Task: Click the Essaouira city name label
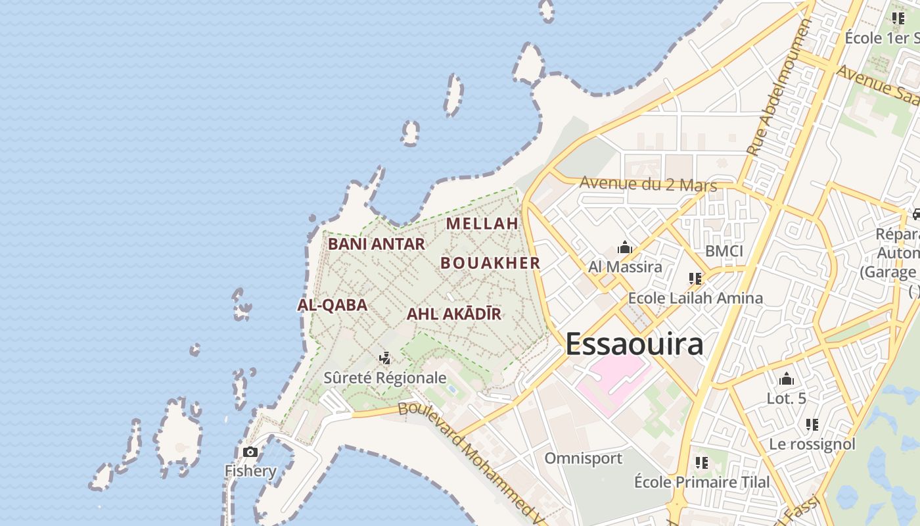(634, 344)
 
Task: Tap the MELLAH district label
(482, 224)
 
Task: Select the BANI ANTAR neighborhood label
(377, 244)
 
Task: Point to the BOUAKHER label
(490, 263)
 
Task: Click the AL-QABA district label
(332, 305)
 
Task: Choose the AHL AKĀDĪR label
(454, 314)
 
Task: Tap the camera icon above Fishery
(250, 452)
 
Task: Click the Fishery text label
(250, 471)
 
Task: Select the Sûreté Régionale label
(385, 378)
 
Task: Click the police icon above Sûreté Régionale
(385, 358)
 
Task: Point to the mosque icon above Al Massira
(624, 248)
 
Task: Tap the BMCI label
(724, 251)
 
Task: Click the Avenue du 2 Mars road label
(648, 184)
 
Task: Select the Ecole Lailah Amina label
(695, 298)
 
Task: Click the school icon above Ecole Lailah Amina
(695, 279)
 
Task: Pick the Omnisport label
(583, 458)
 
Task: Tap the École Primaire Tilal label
(702, 482)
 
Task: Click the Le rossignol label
(812, 444)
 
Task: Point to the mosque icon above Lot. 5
(787, 379)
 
